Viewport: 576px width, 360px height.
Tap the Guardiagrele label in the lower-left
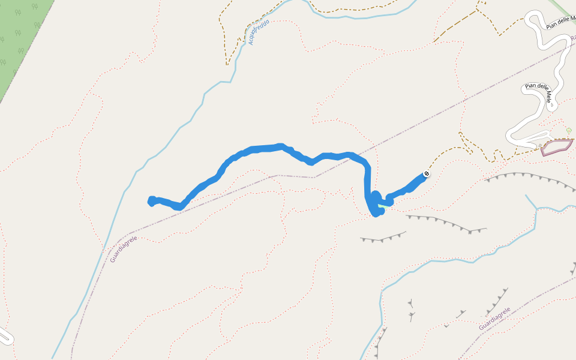coord(124,249)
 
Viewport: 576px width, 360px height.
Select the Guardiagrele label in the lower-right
coord(494,319)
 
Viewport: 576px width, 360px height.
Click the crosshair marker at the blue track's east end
coord(427,174)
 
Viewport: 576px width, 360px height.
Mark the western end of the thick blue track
coord(151,201)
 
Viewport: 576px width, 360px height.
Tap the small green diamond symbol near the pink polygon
coord(569,130)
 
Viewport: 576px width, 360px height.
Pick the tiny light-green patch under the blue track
coord(382,206)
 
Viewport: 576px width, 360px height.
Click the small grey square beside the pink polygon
coord(540,145)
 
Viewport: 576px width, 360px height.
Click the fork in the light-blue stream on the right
coord(536,208)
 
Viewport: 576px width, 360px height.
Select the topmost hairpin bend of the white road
coord(531,17)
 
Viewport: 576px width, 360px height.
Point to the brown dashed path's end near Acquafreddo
coord(228,64)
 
